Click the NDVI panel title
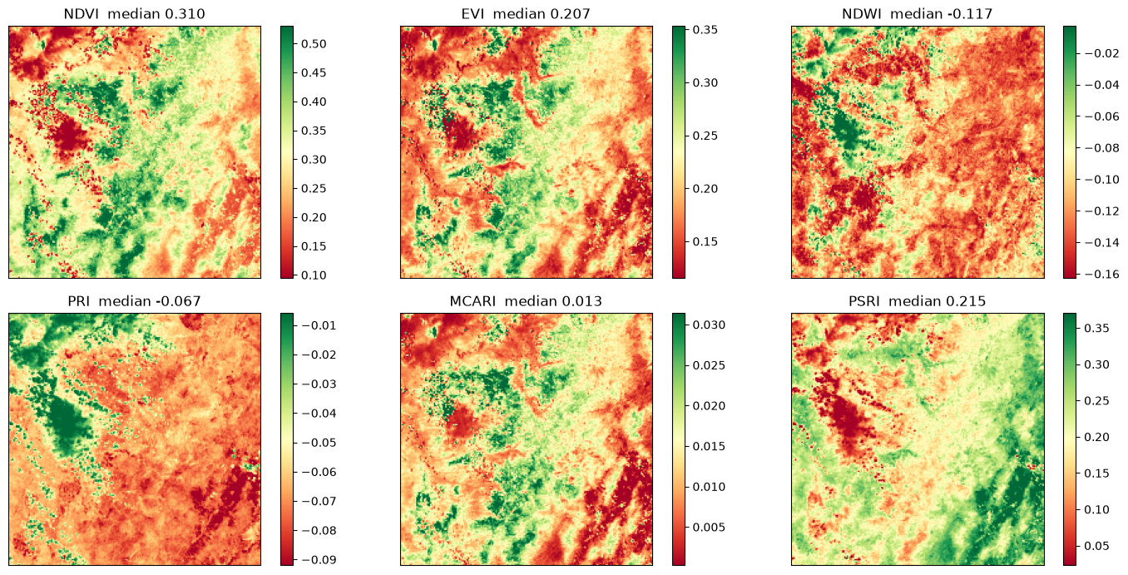click(135, 13)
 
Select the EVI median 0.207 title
click(526, 13)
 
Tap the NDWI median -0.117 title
click(917, 13)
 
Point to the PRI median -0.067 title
click(135, 301)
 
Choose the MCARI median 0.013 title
click(526, 301)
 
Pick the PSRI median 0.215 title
click(917, 301)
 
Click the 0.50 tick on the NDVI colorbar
click(314, 44)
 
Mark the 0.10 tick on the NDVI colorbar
click(314, 275)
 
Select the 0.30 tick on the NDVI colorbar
click(314, 160)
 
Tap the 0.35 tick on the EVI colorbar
click(705, 30)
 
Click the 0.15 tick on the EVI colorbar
click(705, 241)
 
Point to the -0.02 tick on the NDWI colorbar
click(1102, 53)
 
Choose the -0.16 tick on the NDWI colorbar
click(1102, 274)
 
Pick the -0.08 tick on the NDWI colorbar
click(1102, 148)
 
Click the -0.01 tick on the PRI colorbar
click(319, 325)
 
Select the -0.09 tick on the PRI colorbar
click(319, 560)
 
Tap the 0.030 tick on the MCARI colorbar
click(709, 325)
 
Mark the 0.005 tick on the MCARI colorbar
click(709, 527)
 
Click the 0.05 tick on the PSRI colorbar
click(1096, 546)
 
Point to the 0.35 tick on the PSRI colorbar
click(1096, 328)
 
